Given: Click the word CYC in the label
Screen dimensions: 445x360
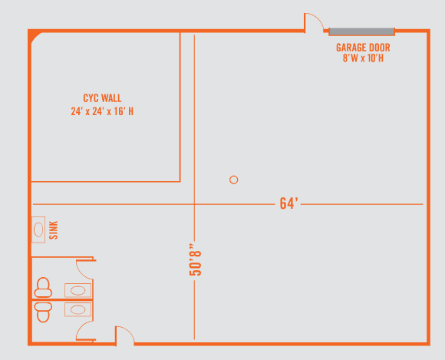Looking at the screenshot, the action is (x=91, y=98).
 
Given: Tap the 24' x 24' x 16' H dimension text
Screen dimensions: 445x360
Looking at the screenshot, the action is (x=102, y=111).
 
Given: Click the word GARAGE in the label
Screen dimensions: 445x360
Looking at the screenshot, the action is (x=349, y=48).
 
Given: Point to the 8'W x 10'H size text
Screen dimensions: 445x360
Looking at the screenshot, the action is (x=363, y=58).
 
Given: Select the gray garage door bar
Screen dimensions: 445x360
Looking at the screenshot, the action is (x=362, y=31).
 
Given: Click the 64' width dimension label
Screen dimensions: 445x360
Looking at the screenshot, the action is (x=288, y=203).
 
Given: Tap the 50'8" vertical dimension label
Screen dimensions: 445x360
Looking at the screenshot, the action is (x=196, y=259).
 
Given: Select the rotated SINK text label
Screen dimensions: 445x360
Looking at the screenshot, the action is (x=54, y=230).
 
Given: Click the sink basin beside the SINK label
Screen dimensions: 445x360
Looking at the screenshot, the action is (x=38, y=230).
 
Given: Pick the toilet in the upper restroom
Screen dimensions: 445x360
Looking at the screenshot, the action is (x=43, y=288).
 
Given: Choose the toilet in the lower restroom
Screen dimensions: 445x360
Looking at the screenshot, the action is (x=43, y=312).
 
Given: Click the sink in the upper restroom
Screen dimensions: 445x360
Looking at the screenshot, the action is (x=77, y=290).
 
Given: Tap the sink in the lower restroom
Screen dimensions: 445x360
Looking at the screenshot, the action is (x=77, y=309).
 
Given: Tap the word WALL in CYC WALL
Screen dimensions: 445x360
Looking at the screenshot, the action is (x=111, y=98).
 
